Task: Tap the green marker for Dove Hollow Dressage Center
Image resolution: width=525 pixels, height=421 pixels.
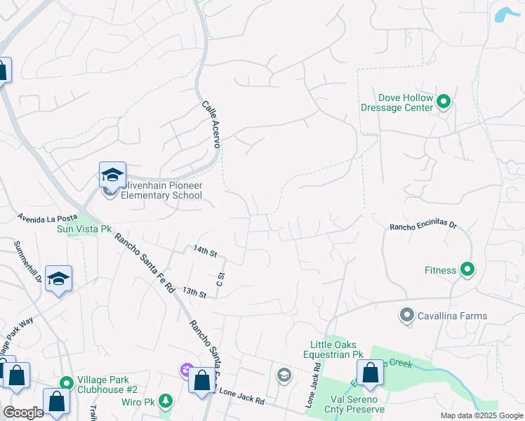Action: pyautogui.click(x=444, y=102)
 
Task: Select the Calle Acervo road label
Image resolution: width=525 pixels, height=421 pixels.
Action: pyautogui.click(x=211, y=124)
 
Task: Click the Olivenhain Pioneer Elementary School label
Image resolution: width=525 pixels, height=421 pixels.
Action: pyautogui.click(x=161, y=190)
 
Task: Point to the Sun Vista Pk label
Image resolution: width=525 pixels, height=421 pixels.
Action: pyautogui.click(x=84, y=229)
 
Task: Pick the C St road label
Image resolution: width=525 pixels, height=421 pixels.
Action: pyautogui.click(x=220, y=279)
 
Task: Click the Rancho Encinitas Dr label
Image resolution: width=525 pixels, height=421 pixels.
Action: pyautogui.click(x=423, y=227)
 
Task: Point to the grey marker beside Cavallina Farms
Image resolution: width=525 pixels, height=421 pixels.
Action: pyautogui.click(x=406, y=316)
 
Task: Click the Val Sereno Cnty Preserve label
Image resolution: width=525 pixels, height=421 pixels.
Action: pyautogui.click(x=357, y=404)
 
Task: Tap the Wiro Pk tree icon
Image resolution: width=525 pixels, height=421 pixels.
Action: pyautogui.click(x=165, y=401)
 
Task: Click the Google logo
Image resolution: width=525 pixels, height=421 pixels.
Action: pyautogui.click(x=23, y=413)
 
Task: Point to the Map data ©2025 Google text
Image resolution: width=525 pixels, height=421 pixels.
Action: pyautogui.click(x=480, y=415)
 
